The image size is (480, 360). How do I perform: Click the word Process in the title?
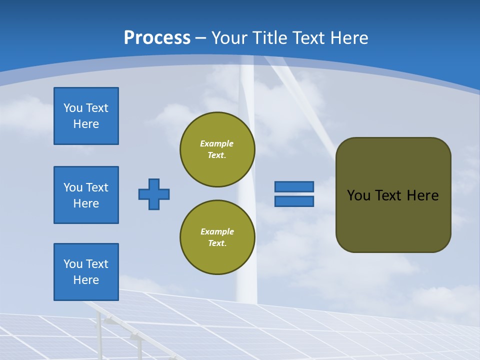(x=157, y=38)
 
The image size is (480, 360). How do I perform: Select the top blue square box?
(x=86, y=116)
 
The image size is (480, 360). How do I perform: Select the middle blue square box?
(x=86, y=195)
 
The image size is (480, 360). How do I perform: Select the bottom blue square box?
(x=86, y=272)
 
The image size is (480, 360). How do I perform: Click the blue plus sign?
(x=154, y=194)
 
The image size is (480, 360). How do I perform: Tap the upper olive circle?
(x=217, y=149)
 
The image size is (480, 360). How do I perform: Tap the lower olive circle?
(x=217, y=237)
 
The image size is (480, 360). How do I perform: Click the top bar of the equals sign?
(x=294, y=186)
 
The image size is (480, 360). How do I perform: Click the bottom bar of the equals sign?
(x=294, y=201)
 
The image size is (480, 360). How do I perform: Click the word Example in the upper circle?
(x=216, y=143)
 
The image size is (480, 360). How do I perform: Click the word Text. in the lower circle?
(x=217, y=243)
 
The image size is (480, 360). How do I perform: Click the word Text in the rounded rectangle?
(x=388, y=195)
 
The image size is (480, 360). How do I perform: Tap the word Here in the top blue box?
(x=86, y=124)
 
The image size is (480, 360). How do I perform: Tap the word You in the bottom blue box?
(x=73, y=264)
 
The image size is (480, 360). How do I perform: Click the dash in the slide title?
(x=200, y=38)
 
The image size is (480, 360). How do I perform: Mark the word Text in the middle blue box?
(x=97, y=187)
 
